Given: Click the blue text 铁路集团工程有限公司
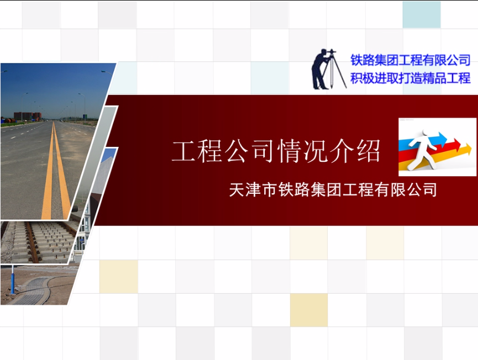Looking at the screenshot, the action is (410, 60).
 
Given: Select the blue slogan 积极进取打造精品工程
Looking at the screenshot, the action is (410, 78).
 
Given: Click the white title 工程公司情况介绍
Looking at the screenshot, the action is (276, 151).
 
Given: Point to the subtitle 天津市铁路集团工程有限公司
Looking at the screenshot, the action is (333, 190).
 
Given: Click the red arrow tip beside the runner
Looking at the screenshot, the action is (456, 142).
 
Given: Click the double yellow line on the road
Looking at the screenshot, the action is (55, 171).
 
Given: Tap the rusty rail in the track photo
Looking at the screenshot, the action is (32, 242).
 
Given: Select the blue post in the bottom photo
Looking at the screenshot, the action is (12, 279).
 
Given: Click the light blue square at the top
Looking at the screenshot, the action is (422, 14).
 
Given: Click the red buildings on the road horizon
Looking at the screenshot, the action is (28, 116).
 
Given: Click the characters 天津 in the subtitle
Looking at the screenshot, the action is (245, 190).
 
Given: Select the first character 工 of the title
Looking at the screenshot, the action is (183, 151).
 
